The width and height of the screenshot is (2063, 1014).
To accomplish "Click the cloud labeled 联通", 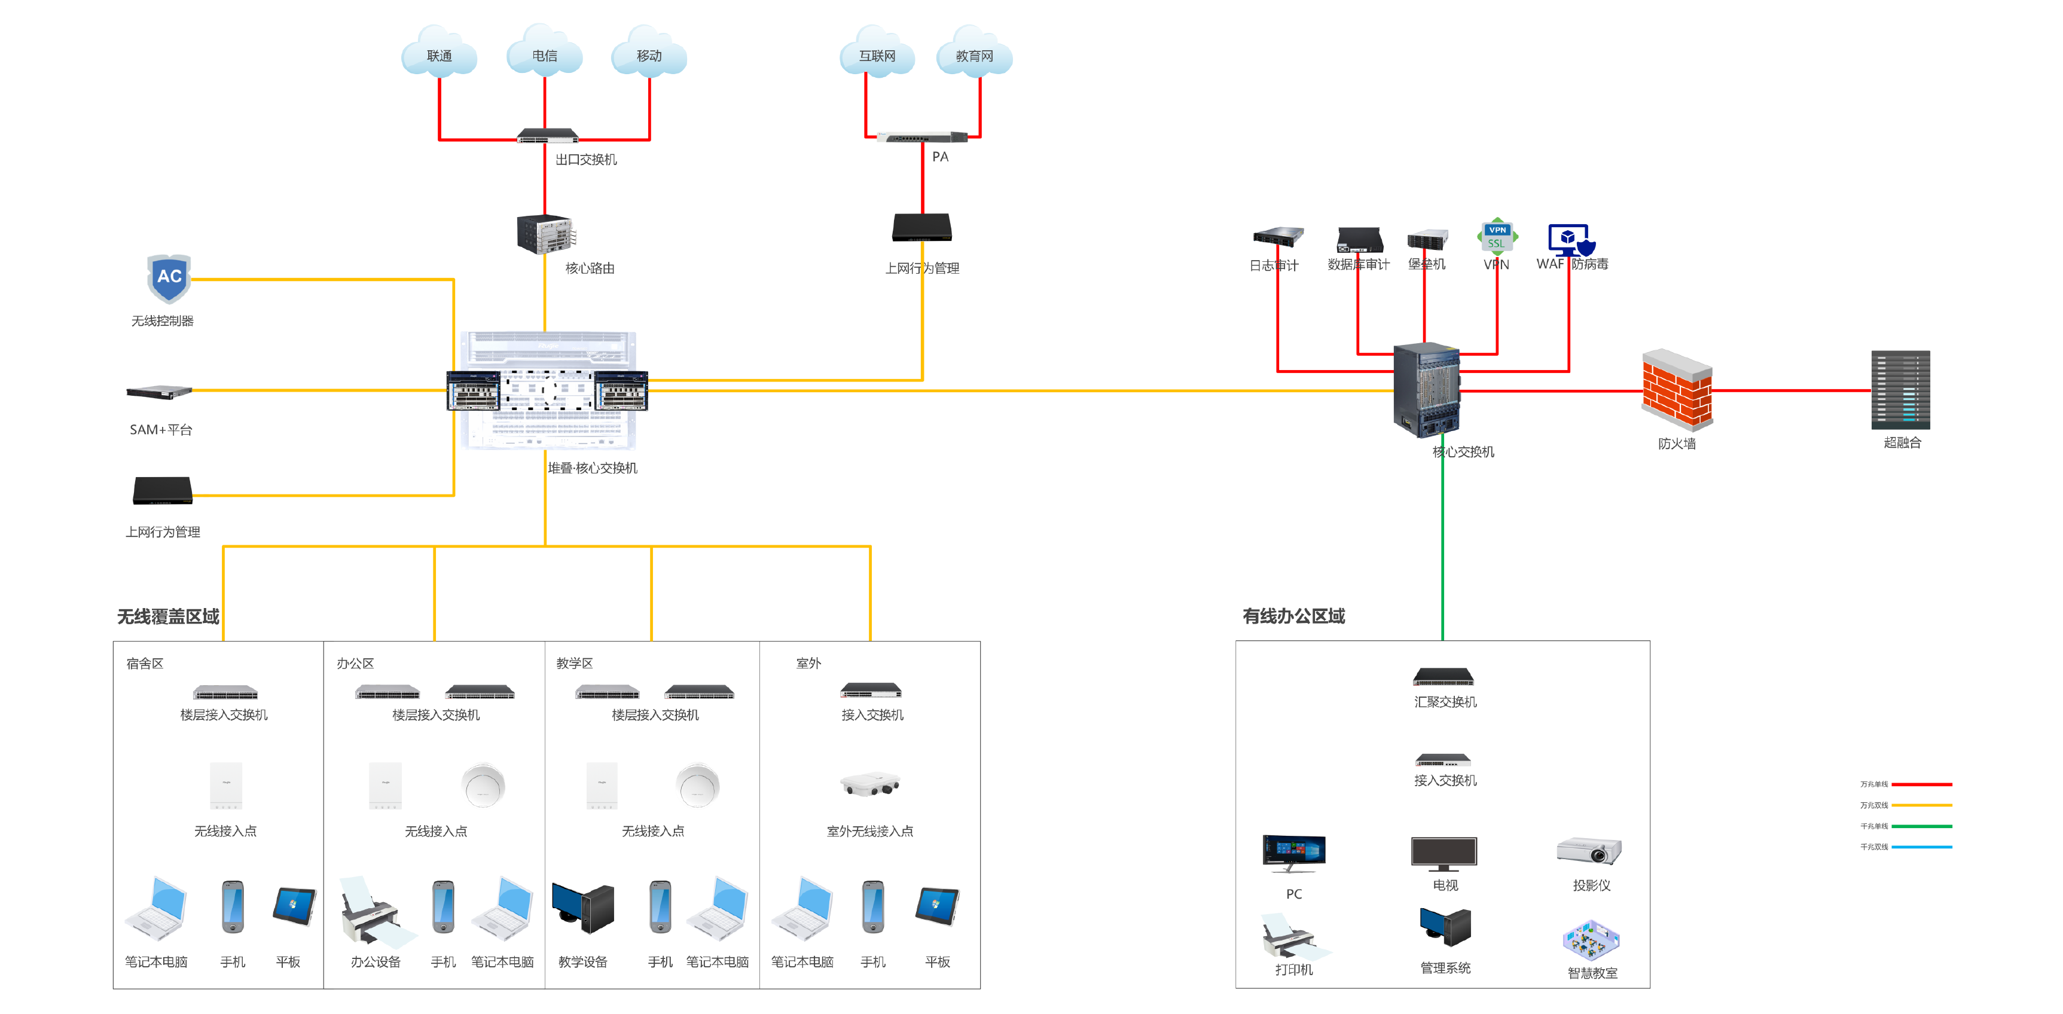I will (439, 54).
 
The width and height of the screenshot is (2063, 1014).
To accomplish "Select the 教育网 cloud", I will (974, 54).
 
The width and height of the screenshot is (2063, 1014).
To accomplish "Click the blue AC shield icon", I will (169, 278).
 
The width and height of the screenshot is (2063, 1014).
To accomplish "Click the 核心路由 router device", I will (545, 234).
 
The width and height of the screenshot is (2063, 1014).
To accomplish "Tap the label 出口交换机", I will (586, 160).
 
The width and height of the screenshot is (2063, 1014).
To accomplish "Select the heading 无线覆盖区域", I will (168, 616).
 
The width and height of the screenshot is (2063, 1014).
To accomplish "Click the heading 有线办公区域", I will (1293, 616).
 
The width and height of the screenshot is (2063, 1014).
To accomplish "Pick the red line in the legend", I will (1921, 784).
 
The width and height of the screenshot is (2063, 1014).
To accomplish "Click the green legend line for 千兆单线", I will (1921, 826).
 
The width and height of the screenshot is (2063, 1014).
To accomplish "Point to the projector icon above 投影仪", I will (1589, 851).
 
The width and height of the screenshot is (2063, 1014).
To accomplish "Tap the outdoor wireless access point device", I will (871, 784).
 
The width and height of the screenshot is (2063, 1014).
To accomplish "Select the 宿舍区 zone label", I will (145, 663).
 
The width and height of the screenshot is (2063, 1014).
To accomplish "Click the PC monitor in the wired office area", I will (1293, 852).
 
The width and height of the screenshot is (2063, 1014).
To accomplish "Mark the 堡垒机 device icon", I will (1427, 239).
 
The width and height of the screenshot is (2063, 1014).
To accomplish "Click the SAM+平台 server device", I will (160, 392).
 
